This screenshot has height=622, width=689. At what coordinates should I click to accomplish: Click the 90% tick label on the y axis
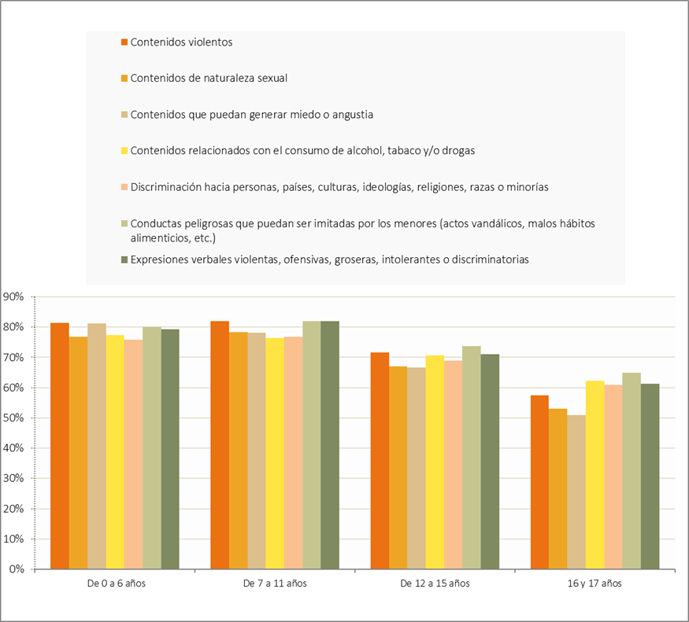click(x=14, y=296)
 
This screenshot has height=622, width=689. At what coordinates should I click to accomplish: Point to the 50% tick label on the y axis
click(x=14, y=418)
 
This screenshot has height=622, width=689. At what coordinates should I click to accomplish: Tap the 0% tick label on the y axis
click(x=17, y=569)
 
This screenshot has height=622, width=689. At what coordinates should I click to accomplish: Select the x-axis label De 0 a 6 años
click(x=115, y=583)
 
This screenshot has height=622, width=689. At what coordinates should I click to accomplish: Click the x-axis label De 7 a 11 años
click(x=275, y=583)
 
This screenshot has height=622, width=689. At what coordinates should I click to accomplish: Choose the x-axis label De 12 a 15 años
click(x=435, y=583)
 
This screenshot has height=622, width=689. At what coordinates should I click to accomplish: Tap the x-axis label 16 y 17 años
click(x=595, y=583)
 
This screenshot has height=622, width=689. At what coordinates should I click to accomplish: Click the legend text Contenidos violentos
click(x=181, y=42)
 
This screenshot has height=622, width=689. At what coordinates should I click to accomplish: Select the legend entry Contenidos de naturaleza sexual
click(x=209, y=79)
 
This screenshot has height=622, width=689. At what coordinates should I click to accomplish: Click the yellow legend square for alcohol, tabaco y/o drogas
click(x=124, y=151)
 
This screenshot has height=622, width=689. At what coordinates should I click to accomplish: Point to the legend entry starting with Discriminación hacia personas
click(x=339, y=187)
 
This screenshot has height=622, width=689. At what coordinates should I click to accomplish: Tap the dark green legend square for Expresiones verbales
click(x=124, y=259)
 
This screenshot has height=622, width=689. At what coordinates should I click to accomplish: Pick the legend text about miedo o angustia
click(x=252, y=115)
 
